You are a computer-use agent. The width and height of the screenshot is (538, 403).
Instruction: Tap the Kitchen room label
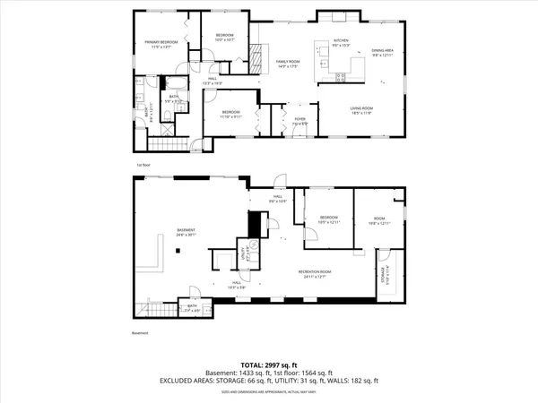(341, 40)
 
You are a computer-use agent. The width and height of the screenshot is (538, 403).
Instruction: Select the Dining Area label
(383, 51)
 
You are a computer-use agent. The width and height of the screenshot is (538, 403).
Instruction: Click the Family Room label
(287, 60)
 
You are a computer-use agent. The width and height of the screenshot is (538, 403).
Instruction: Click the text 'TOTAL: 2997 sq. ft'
(269, 364)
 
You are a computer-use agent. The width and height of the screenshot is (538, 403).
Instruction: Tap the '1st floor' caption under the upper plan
(142, 164)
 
